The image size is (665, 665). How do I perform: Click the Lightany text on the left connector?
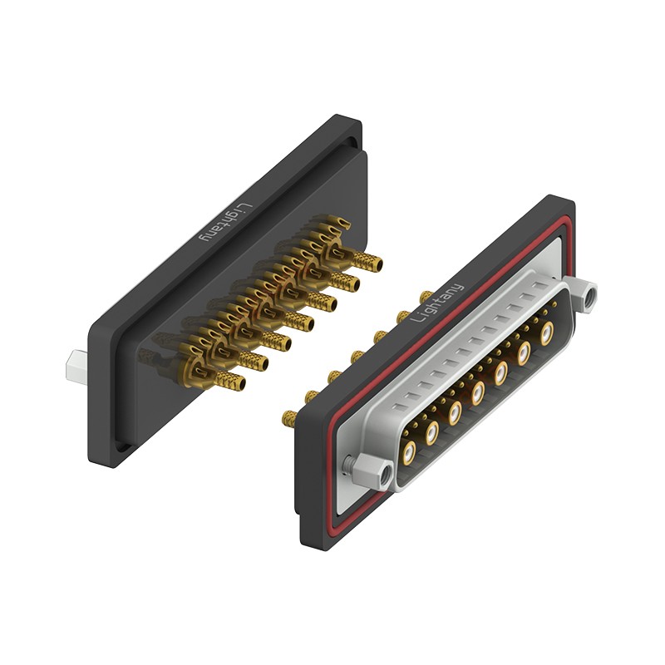[226, 222]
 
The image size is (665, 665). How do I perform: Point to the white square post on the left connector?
[76, 367]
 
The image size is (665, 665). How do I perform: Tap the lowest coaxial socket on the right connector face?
[409, 452]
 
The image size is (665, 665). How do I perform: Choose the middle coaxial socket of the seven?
[477, 392]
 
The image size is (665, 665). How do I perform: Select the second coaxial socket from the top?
[524, 352]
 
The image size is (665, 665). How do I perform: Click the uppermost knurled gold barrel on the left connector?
[367, 261]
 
